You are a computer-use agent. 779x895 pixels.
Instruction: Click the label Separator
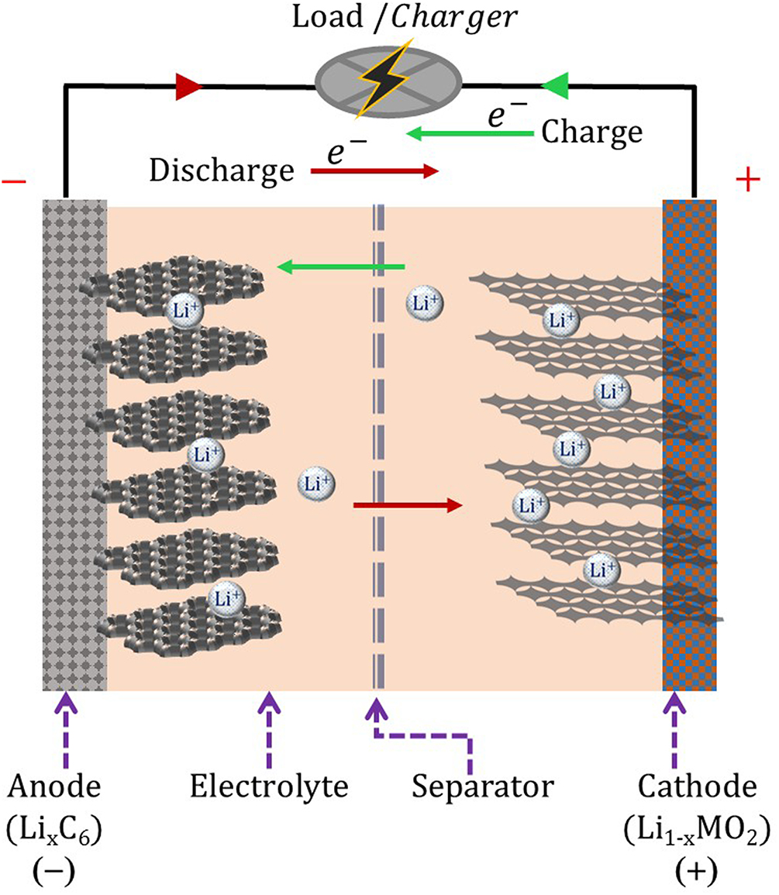482,787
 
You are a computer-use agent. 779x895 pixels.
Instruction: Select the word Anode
53,787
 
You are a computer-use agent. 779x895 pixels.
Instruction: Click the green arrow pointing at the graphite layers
341,268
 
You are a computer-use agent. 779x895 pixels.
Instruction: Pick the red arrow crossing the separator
407,506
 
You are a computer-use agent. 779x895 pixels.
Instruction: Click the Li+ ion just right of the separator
426,304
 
